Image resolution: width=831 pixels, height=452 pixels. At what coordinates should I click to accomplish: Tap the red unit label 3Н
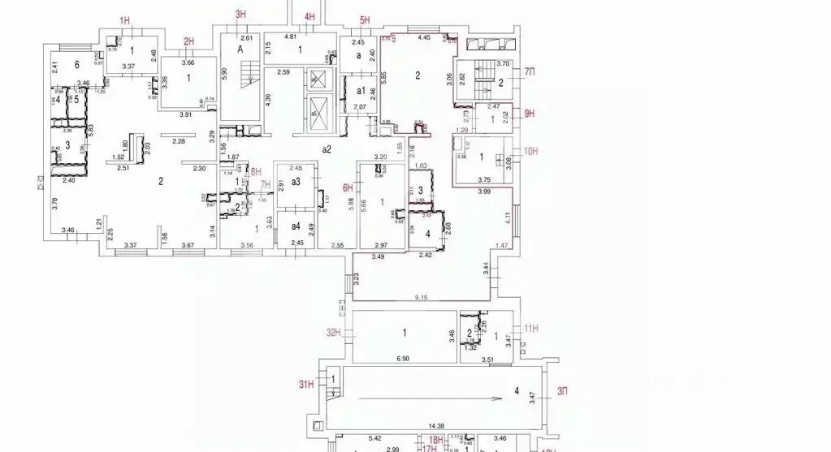240,14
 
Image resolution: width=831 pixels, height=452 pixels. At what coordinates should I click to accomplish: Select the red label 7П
530,73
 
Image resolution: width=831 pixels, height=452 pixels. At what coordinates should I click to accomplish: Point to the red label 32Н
332,332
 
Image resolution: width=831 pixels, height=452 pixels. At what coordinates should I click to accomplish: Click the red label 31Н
305,384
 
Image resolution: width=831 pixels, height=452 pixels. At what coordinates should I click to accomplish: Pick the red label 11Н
532,328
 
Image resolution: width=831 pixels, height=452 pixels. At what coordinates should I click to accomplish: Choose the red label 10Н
532,151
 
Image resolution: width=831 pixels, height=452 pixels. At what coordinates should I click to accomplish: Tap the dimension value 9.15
420,298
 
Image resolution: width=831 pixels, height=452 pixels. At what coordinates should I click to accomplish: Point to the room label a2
327,149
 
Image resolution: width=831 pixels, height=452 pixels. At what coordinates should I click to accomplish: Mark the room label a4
296,226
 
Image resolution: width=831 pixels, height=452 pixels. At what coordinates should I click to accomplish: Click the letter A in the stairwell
240,49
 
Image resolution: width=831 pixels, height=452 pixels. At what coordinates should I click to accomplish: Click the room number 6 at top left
77,64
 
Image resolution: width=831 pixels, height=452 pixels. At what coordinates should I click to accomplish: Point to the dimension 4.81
290,37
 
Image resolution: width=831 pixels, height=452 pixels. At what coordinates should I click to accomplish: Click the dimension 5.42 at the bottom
374,439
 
